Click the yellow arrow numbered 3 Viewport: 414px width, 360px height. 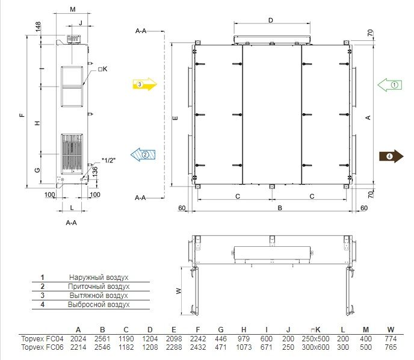pyautogui.click(x=144, y=84)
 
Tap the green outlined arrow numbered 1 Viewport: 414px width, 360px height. pyautogui.click(x=390, y=85)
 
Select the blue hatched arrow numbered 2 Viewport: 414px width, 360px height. pyautogui.click(x=143, y=155)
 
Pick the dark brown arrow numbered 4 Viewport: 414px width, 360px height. pyautogui.click(x=391, y=157)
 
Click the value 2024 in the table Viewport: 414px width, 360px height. pyautogui.click(x=78, y=338)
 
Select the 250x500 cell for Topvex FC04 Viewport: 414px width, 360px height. pyautogui.click(x=315, y=338)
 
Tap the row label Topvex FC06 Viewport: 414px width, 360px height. pyautogui.click(x=42, y=347)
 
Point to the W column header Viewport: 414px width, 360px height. pyautogui.click(x=391, y=330)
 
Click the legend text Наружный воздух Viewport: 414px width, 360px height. pyautogui.click(x=99, y=278)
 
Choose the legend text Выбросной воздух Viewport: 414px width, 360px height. pyautogui.click(x=99, y=305)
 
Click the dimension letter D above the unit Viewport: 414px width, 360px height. pyautogui.click(x=271, y=20)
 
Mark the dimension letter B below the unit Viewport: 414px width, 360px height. pyautogui.click(x=280, y=208)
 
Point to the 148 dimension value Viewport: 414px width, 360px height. pyautogui.click(x=38, y=26)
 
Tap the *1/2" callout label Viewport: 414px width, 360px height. pyautogui.click(x=108, y=160)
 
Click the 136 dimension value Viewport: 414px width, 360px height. pyautogui.click(x=95, y=172)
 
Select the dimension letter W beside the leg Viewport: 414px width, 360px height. pyautogui.click(x=179, y=291)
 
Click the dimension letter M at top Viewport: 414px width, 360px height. pyautogui.click(x=73, y=10)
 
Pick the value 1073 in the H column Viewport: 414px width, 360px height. pyautogui.click(x=244, y=347)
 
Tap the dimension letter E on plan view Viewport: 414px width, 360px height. pyautogui.click(x=175, y=118)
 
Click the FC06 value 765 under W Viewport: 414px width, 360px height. pyautogui.click(x=391, y=347)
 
